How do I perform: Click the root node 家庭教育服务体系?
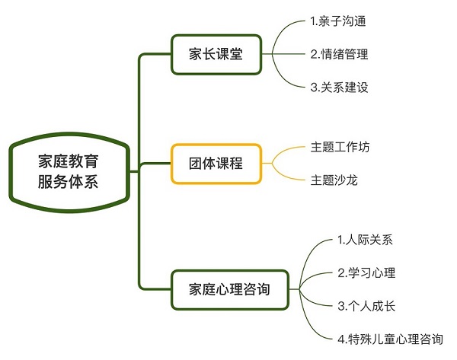click(68, 172)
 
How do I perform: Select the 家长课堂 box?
click(216, 54)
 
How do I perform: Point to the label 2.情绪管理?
click(339, 54)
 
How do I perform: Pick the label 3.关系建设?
click(339, 87)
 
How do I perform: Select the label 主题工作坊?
click(341, 145)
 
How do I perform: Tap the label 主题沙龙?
click(332, 180)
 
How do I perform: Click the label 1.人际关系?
click(365, 241)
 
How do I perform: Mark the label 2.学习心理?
click(366, 273)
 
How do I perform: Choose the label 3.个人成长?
click(366, 306)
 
